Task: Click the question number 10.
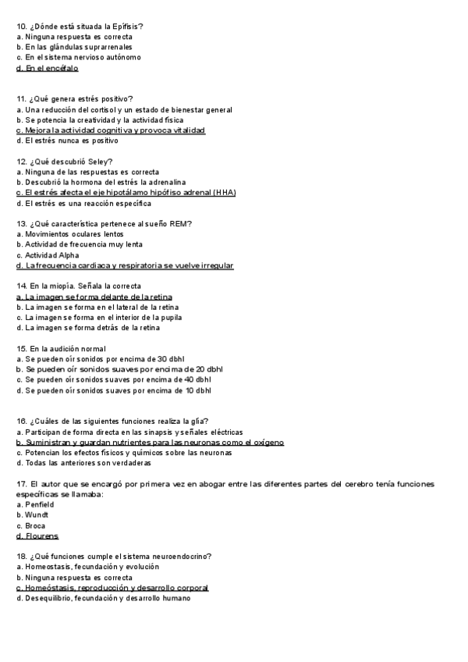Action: [x=20, y=27]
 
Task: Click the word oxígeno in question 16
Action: [x=268, y=443]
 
